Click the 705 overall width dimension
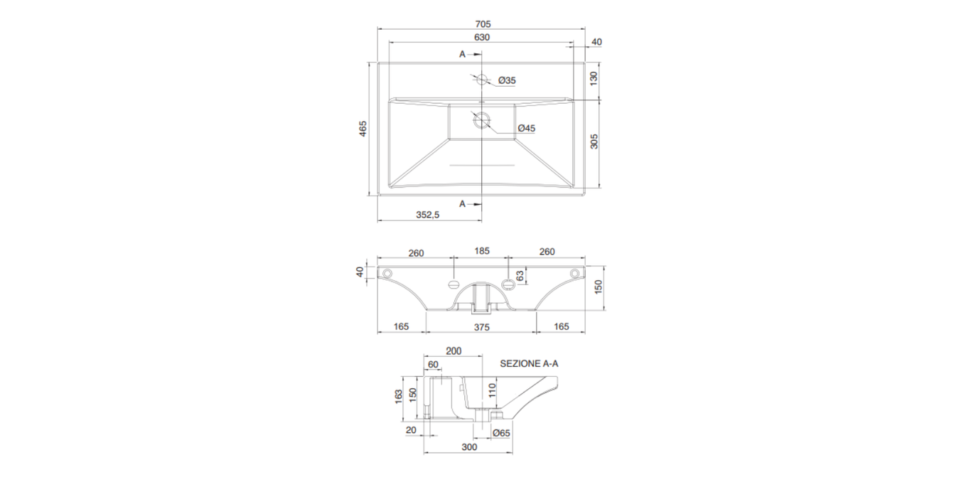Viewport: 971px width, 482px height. (x=482, y=24)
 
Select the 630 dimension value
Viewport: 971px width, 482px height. (x=482, y=38)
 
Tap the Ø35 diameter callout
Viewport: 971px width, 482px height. (x=507, y=80)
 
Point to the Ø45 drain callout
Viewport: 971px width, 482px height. (x=527, y=128)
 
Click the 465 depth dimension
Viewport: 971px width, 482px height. (x=363, y=129)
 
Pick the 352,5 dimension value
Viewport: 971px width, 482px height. (x=428, y=215)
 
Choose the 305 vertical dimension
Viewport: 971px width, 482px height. (x=594, y=141)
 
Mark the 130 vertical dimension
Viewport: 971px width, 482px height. (x=594, y=78)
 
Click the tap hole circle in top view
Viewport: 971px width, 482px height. (x=482, y=80)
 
